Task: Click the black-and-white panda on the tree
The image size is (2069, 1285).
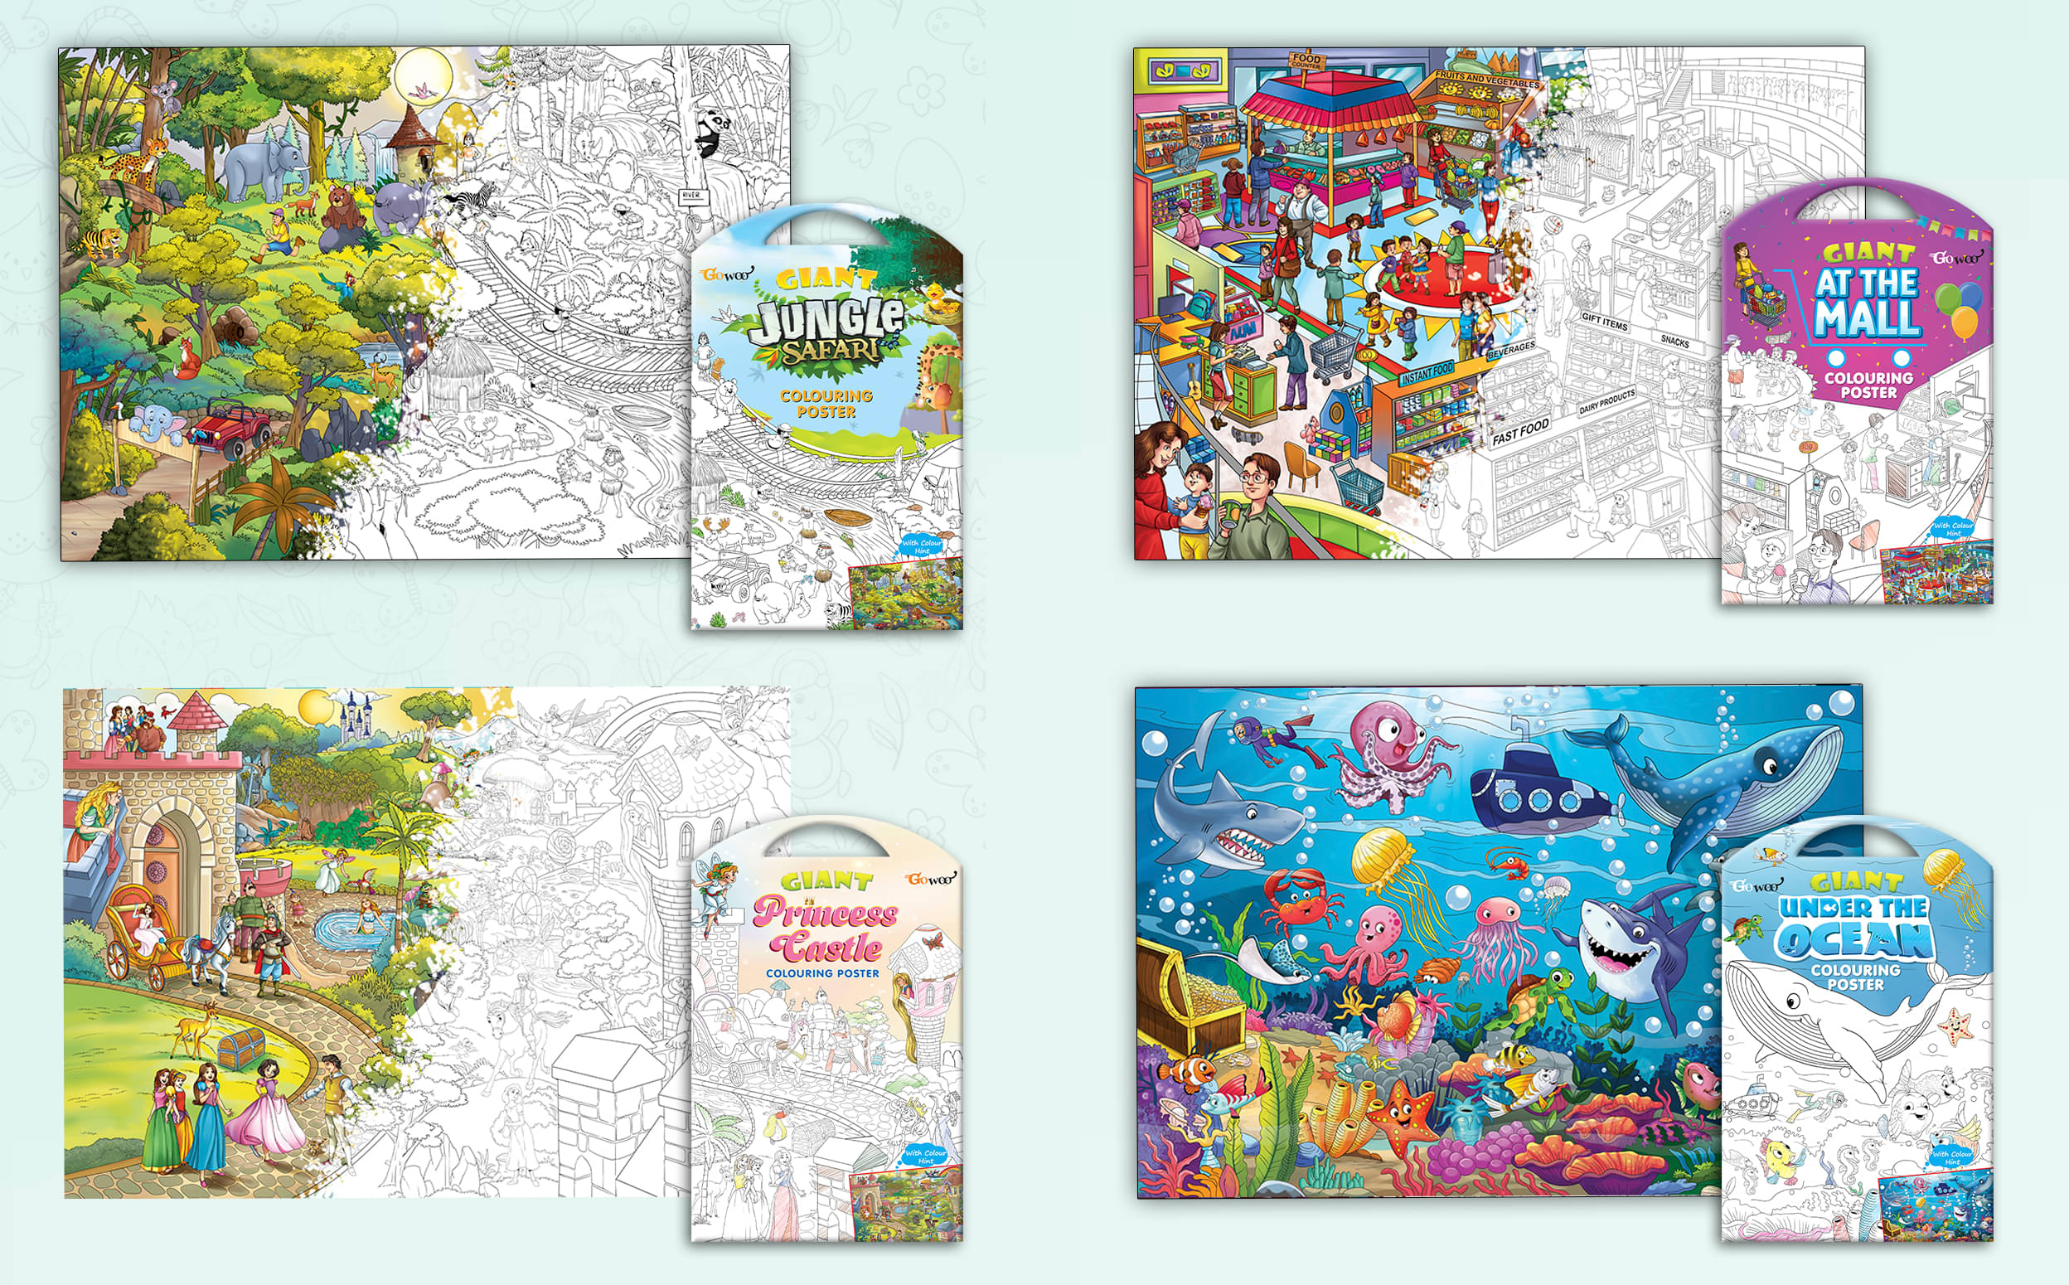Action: (x=712, y=134)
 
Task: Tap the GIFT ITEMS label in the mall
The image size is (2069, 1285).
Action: (x=1604, y=320)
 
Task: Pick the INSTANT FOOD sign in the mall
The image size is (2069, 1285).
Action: (x=1427, y=373)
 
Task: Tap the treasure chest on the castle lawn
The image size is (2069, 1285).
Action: (x=241, y=1048)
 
